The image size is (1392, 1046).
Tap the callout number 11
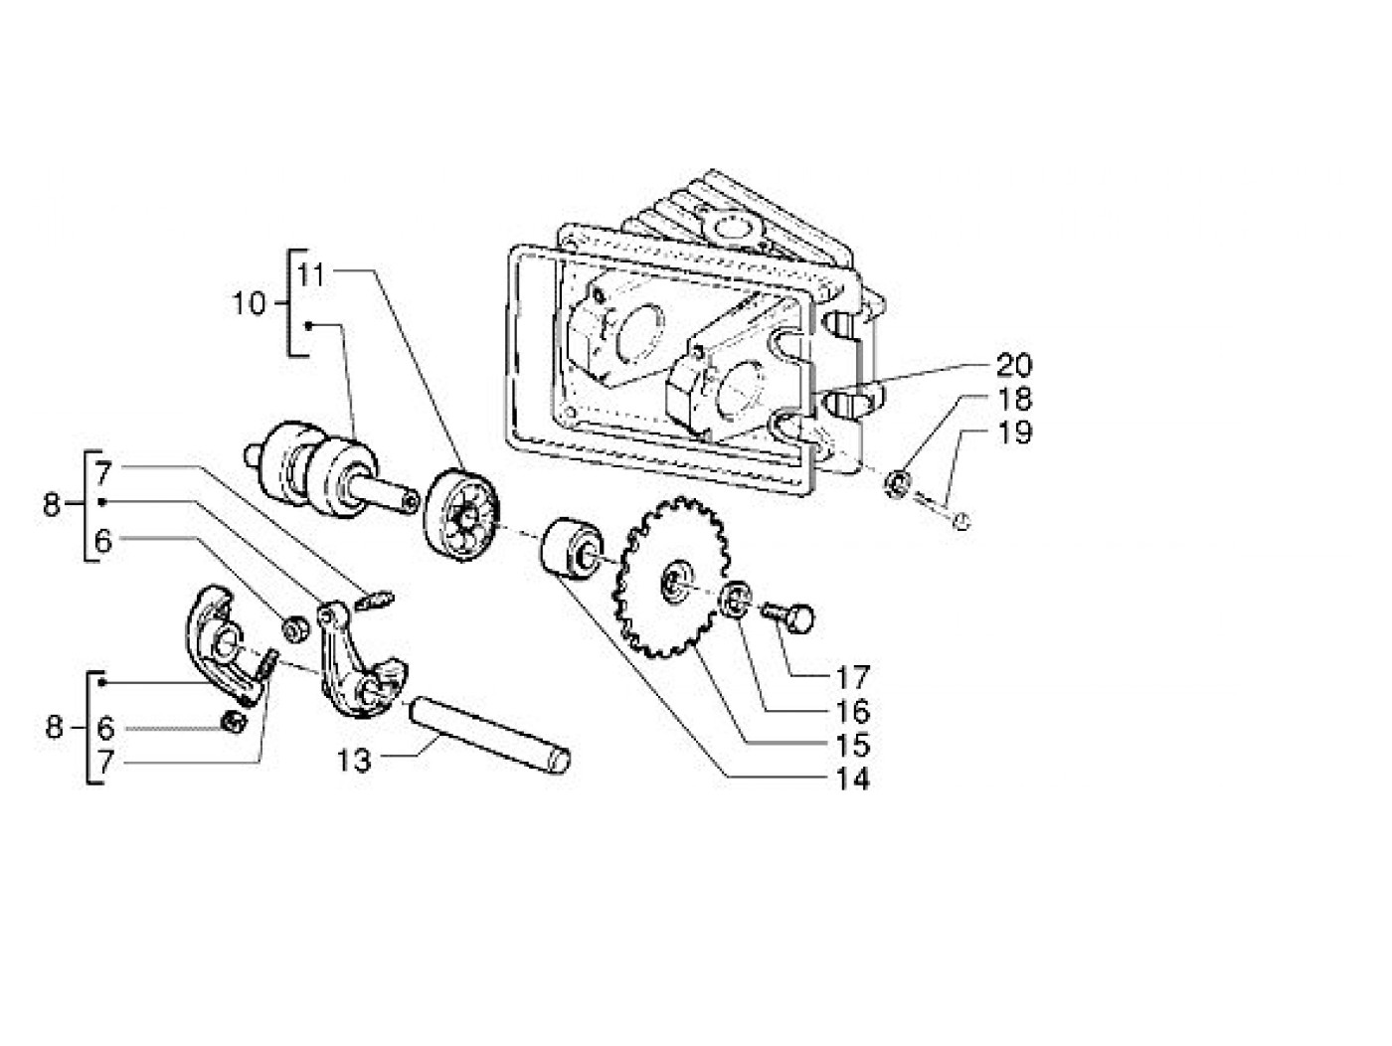tap(311, 275)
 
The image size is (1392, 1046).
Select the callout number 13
tap(353, 761)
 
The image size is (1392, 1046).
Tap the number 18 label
tap(1014, 399)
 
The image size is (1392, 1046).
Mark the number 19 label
tap(1014, 433)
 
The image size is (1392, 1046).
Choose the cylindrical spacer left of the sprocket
tap(567, 548)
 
